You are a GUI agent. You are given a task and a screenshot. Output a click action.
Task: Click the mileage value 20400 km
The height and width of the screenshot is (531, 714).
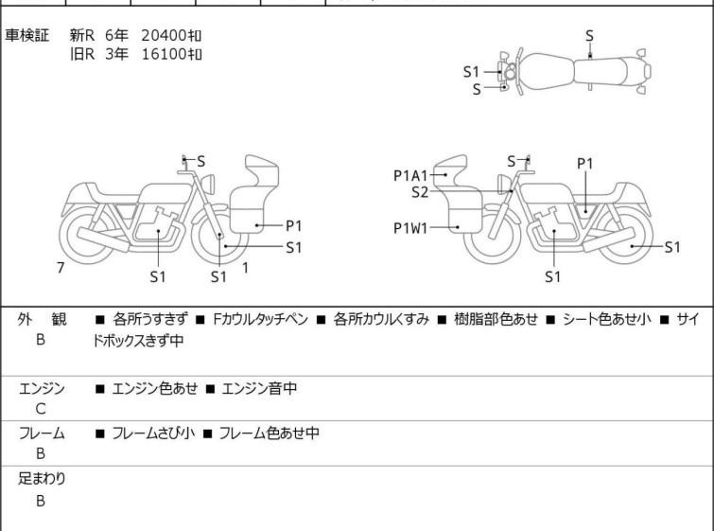171,35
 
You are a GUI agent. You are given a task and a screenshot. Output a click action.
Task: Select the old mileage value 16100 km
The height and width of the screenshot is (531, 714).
171,53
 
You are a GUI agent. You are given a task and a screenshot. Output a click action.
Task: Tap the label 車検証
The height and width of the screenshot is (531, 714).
28,35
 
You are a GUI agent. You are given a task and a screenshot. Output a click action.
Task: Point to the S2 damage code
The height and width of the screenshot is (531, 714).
420,191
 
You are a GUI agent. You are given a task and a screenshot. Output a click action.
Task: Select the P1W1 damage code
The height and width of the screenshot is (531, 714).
412,227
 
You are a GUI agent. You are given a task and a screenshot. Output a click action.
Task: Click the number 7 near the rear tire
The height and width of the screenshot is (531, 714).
61,268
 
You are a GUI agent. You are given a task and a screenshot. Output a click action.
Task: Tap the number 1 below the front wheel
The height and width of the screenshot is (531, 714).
245,268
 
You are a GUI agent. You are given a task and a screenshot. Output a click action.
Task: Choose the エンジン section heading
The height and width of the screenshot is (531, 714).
42,388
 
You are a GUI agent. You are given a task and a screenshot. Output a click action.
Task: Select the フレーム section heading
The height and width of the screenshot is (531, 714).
42,434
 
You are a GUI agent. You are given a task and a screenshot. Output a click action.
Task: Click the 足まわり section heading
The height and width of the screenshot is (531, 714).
42,479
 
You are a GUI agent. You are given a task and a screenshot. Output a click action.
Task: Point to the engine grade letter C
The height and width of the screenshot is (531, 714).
41,409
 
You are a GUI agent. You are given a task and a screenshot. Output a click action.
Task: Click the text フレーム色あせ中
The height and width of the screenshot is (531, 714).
269,434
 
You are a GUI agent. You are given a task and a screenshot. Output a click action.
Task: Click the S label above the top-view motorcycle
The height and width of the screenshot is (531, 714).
589,35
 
